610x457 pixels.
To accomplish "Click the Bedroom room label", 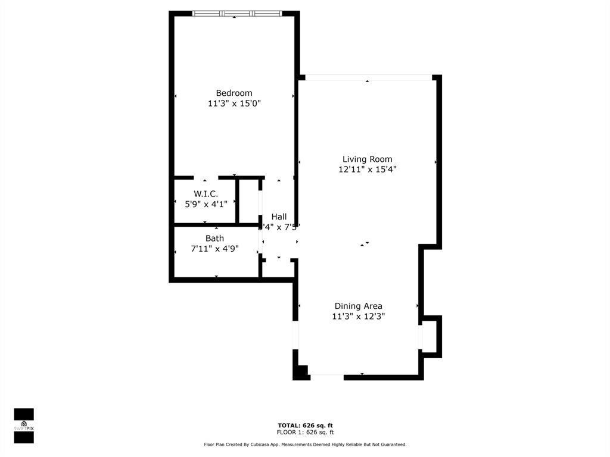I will point(234,93).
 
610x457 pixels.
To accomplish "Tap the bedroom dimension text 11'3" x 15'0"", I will point(234,103).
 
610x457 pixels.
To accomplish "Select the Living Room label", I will point(367,159).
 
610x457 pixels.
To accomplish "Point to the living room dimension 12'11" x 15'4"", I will point(367,169).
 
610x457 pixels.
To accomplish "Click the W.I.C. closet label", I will point(206,194).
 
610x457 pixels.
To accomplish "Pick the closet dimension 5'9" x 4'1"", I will point(206,204).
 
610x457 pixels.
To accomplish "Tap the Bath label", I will point(214,239).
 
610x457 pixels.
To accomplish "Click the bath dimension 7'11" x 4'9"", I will point(214,249).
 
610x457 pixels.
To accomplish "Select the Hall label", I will point(279,217).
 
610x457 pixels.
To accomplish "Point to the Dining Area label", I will point(358,306).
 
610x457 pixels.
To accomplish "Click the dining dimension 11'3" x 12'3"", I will point(358,317).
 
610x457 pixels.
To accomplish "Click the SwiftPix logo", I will point(24,426).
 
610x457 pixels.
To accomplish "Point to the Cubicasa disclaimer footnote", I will point(305,445).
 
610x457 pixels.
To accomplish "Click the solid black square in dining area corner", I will point(300,372).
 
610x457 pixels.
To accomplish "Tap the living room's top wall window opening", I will point(368,77).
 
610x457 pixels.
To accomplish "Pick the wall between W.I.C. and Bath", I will point(206,225).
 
